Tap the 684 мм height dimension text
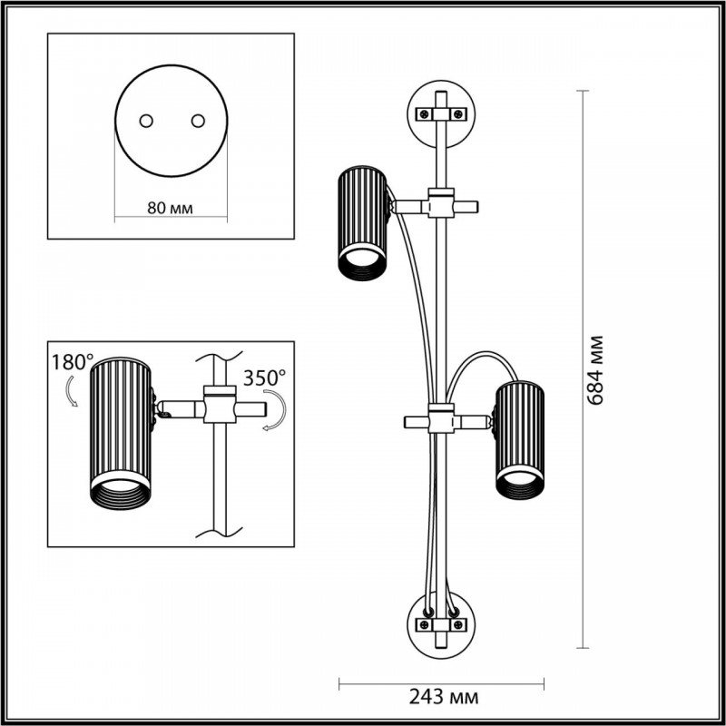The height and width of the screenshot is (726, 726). [595, 370]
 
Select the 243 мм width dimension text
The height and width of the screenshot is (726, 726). [442, 697]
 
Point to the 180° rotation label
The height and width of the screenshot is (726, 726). [71, 361]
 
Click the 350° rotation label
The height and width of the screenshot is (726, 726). [265, 376]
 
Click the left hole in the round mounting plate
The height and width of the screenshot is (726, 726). [144, 121]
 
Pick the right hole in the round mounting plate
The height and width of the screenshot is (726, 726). [195, 121]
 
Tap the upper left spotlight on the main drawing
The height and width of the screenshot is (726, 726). [363, 221]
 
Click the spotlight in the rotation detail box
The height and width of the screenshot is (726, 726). [120, 436]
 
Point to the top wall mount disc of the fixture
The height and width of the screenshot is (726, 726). [440, 113]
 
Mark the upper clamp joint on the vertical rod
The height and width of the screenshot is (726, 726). [441, 205]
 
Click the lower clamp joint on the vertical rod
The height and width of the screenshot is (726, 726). [441, 421]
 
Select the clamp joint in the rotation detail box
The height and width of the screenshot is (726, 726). [218, 406]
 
